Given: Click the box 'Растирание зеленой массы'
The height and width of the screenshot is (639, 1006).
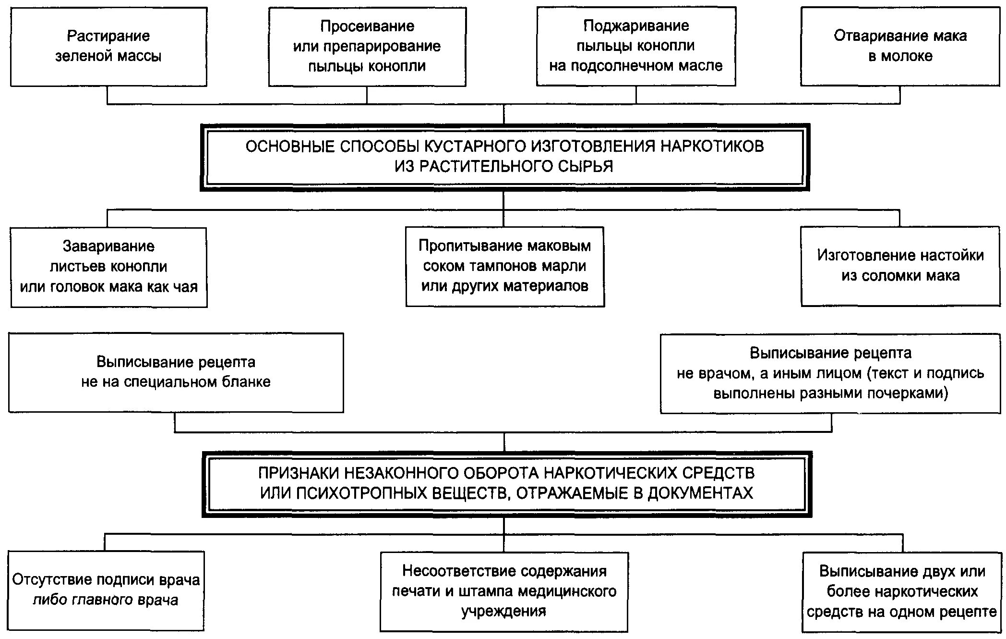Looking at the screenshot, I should [x=108, y=47].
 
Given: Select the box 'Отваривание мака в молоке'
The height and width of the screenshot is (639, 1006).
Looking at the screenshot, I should [x=900, y=47].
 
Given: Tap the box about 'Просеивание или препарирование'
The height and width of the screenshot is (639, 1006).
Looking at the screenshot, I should [x=367, y=47].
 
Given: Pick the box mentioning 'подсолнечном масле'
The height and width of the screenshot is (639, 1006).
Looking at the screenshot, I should [x=636, y=47].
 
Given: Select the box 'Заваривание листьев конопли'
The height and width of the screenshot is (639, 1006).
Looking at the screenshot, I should [x=109, y=267].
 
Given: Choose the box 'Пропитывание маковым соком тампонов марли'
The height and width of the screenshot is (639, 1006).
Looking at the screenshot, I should [x=505, y=267].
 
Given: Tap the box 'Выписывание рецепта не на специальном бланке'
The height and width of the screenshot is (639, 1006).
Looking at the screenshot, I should [x=176, y=372].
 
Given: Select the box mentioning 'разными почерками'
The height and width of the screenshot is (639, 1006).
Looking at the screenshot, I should [x=830, y=373].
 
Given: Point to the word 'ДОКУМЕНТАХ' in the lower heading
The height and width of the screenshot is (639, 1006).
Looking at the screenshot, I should [x=700, y=493].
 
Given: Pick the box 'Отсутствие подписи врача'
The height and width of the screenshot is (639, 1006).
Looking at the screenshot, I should [x=106, y=590].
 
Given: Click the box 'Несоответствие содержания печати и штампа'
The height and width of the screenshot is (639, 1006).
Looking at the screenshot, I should [x=504, y=591].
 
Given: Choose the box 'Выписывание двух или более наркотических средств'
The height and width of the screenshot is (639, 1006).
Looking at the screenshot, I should [x=902, y=592].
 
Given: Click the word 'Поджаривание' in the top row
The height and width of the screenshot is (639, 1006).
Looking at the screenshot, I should [x=636, y=26].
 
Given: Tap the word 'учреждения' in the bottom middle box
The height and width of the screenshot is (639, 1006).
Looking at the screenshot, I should [x=504, y=612].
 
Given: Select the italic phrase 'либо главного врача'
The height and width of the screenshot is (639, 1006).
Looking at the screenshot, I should [x=106, y=601].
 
